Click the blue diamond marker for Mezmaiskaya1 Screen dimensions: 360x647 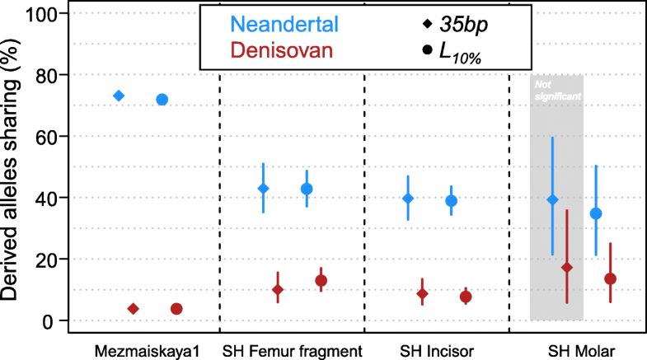119,96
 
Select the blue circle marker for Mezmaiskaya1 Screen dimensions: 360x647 162,99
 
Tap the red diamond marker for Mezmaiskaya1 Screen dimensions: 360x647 134,309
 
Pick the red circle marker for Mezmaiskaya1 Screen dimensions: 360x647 176,309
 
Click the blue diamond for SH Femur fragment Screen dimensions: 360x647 264,189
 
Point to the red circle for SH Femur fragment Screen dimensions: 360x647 321,280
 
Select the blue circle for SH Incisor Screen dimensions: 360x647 451,200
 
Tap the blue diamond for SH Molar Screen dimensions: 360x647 553,199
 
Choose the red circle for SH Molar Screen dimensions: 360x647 610,278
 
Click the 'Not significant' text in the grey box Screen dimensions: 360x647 556,90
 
